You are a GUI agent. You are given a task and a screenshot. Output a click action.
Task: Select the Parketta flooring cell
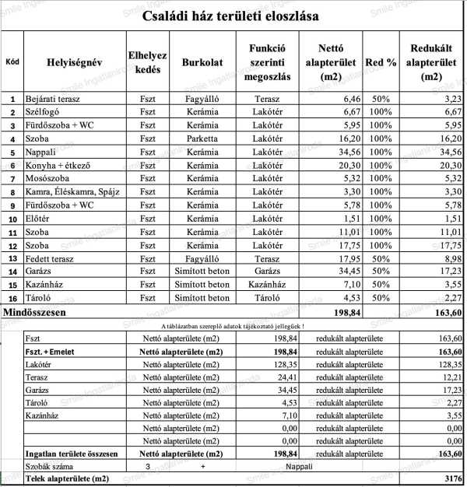click(x=202, y=138)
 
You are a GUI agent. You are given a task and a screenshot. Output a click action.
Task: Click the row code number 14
click(x=12, y=272)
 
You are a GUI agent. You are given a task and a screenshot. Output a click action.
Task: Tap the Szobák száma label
click(x=48, y=465)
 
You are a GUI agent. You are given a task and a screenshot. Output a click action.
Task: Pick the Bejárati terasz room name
click(x=53, y=99)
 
